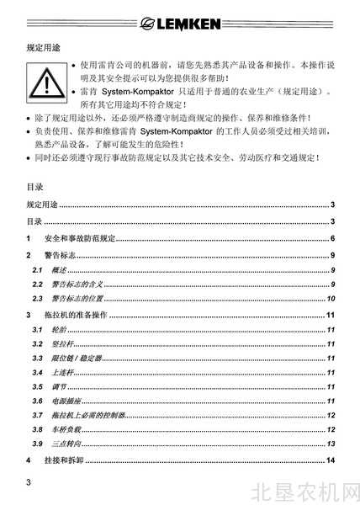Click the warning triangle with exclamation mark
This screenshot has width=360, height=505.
coord(47,82)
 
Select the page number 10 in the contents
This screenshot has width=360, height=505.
coord(332,299)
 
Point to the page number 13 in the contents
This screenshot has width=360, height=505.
coord(332,444)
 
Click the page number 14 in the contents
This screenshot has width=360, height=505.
coord(332,460)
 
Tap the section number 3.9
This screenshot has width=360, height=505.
coord(38,444)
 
